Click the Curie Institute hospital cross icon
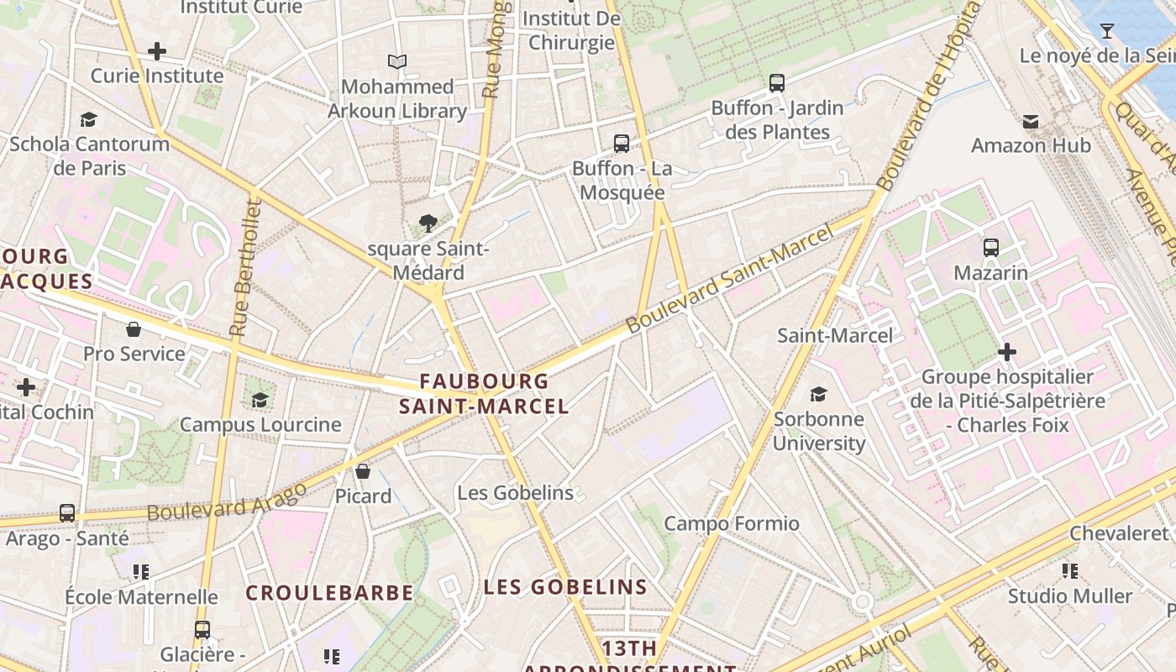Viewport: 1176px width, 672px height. click(x=157, y=51)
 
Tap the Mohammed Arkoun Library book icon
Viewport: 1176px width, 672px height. click(x=397, y=61)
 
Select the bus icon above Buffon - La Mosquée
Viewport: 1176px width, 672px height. click(x=622, y=144)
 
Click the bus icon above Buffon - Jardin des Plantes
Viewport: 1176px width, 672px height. click(x=777, y=83)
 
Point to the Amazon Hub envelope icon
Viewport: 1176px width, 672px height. click(x=1031, y=122)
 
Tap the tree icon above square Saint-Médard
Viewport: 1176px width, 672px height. click(x=428, y=223)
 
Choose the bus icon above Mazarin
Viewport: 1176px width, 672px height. click(x=991, y=248)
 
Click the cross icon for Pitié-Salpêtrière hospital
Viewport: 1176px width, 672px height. click(x=1007, y=351)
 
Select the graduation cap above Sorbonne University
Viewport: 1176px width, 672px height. click(x=818, y=394)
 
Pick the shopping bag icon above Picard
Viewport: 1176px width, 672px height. click(x=363, y=471)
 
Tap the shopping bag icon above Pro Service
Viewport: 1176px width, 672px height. click(x=134, y=328)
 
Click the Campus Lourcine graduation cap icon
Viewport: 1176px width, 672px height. click(x=260, y=399)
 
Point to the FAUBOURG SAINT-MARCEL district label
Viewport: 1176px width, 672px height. click(x=484, y=394)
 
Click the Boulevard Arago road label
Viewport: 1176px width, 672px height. click(x=227, y=501)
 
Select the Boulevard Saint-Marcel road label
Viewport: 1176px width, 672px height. click(x=731, y=277)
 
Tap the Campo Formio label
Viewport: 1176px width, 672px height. click(x=732, y=524)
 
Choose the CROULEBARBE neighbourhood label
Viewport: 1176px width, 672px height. click(x=329, y=593)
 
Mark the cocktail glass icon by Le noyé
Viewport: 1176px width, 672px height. click(x=1107, y=31)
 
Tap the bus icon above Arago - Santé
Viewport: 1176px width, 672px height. click(x=67, y=512)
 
